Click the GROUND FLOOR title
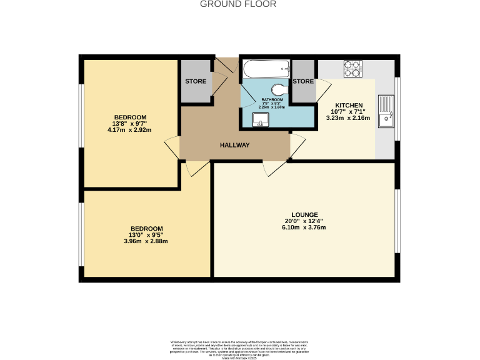tap(237, 4)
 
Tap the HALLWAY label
tap(234, 146)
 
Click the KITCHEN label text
tap(350, 105)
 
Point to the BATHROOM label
tap(272, 100)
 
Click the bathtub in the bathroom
tap(266, 68)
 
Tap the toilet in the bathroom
tap(278, 89)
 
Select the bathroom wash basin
tap(259, 119)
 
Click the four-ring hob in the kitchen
tap(352, 67)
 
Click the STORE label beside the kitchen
tap(303, 82)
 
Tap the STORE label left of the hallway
tap(196, 82)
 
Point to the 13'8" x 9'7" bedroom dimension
tap(130, 124)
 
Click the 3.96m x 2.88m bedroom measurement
tap(146, 241)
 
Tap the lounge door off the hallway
tap(274, 166)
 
